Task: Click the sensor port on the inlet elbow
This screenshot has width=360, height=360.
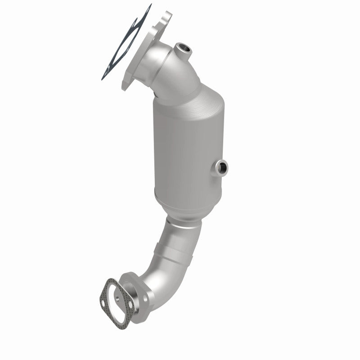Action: pos(183,48)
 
